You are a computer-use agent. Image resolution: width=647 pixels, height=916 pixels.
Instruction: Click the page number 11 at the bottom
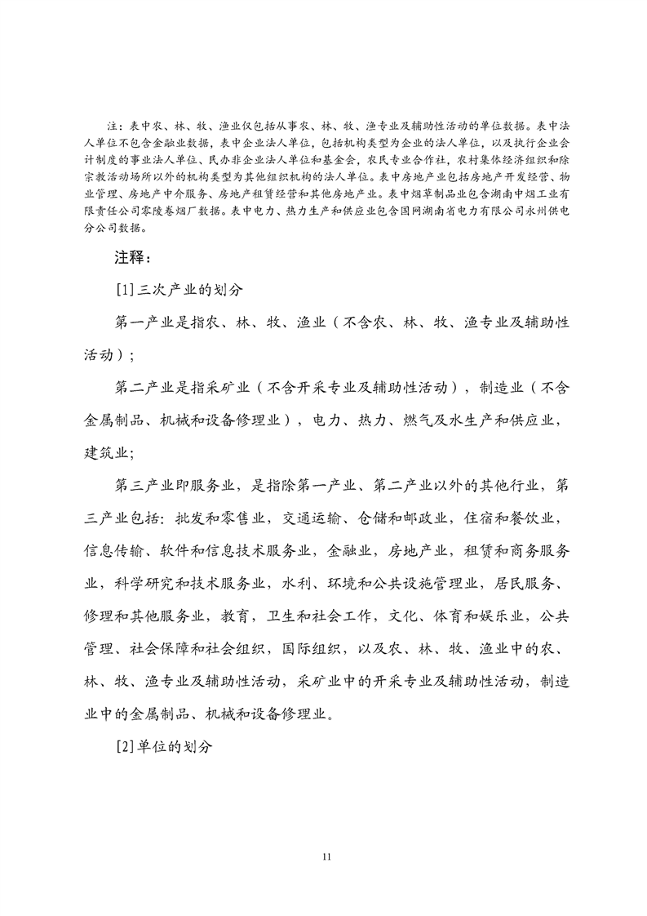[326, 856]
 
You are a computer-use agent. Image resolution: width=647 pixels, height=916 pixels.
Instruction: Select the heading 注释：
[132, 260]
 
